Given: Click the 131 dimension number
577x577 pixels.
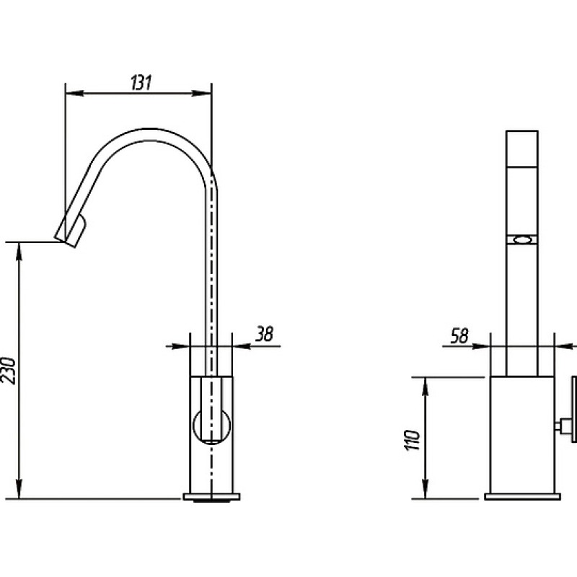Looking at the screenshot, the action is pos(141,83).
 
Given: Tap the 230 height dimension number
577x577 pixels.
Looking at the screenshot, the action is pos(9,371).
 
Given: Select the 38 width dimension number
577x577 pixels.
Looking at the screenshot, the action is pos(265,334).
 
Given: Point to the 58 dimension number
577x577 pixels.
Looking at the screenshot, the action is pos(459,335).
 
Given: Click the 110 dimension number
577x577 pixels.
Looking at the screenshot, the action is pos(412,439).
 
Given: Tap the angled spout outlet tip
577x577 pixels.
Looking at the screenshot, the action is pos(70,231).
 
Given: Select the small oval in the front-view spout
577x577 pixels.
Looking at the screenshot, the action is pos(521,240).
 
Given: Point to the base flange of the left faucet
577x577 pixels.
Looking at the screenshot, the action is pos(211,497).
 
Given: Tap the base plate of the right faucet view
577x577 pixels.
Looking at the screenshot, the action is pos(522,497).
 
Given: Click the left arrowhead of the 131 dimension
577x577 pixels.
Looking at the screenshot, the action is pos(75,93).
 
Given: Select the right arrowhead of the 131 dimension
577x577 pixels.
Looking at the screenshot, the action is pos(202,93).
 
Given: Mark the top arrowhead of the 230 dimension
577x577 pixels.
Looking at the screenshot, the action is pos(19,252).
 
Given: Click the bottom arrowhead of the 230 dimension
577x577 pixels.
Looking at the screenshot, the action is pos(19,490).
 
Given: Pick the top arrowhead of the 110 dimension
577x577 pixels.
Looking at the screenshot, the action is pos(426,387).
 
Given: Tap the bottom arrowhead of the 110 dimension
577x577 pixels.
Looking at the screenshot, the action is pos(426,490).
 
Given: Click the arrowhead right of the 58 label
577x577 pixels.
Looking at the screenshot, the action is pos(481,346).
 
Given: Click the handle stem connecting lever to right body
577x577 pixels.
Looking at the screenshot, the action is pos(563,426).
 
